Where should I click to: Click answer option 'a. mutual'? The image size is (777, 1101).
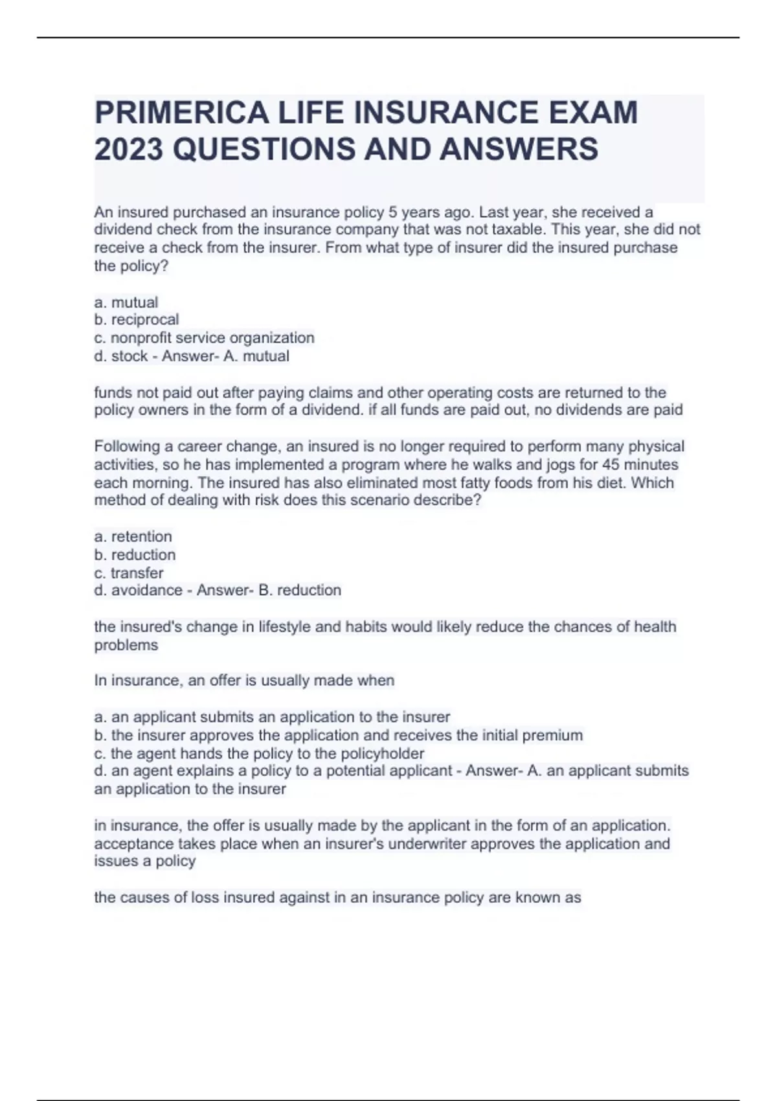click(x=126, y=302)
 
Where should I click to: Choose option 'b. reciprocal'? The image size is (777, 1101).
click(x=137, y=320)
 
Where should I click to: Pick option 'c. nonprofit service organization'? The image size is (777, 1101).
click(x=205, y=338)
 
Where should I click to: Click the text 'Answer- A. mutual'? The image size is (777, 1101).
click(x=225, y=356)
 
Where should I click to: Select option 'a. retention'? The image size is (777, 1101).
click(x=133, y=537)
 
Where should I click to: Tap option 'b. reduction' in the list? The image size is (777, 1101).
click(x=135, y=555)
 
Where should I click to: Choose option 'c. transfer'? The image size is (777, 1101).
click(x=129, y=573)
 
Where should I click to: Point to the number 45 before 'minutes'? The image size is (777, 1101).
click(x=612, y=465)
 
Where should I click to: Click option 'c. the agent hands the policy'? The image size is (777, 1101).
click(x=260, y=754)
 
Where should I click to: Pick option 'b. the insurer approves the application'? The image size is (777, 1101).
click(x=339, y=736)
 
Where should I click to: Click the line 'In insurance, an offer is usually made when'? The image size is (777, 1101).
click(x=244, y=681)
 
